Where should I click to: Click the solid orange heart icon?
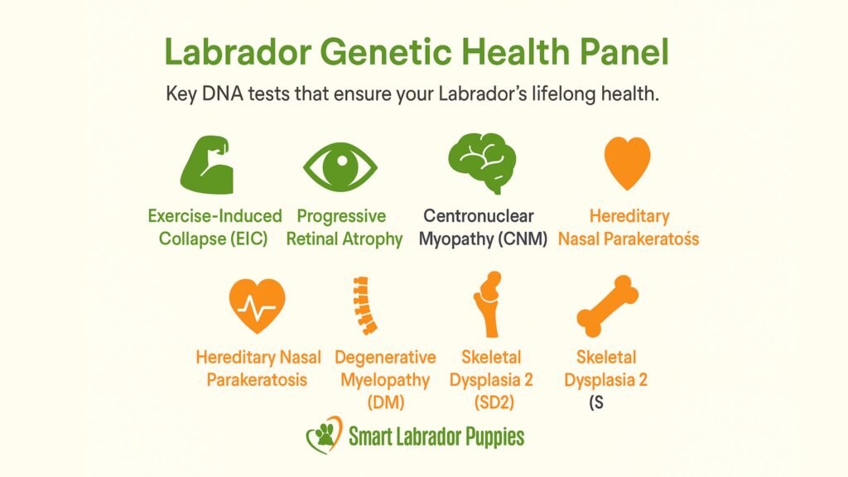(627, 163)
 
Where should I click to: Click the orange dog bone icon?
(608, 305)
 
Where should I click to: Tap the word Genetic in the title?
(410, 52)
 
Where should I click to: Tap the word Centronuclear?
(479, 216)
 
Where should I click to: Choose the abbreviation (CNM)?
(518, 239)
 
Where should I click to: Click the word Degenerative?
(385, 358)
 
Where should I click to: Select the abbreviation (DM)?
(385, 403)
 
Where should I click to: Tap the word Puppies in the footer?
(492, 436)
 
